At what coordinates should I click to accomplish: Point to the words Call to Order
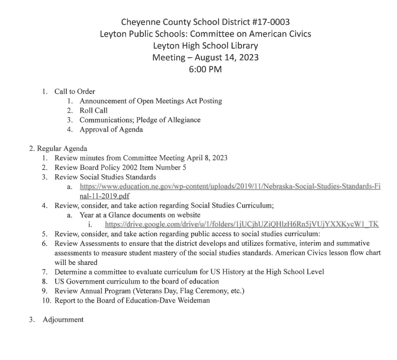(75, 91)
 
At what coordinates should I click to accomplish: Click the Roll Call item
(93, 110)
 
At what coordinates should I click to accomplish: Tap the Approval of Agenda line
(111, 130)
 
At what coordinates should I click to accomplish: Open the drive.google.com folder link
(241, 224)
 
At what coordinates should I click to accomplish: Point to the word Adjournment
(64, 320)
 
